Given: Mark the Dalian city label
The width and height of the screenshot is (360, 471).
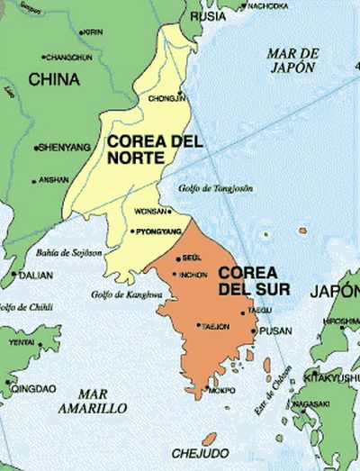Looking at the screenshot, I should tap(34, 276).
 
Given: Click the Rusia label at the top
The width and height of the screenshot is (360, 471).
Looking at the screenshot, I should tap(212, 15).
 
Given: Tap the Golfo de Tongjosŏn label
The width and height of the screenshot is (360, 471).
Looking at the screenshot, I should tap(221, 188).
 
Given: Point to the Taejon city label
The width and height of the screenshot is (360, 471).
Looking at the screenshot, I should tap(216, 325).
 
